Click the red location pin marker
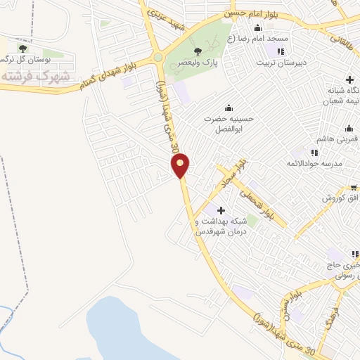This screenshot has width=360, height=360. click(181, 165)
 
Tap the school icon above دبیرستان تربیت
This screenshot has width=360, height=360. click(281, 51)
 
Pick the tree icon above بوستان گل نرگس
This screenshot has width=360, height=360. click(23, 49)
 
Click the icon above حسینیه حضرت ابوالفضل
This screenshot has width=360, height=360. click(228, 108)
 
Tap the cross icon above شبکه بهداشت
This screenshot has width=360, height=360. click(221, 210)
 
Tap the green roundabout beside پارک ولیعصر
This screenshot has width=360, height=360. click(159, 58)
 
